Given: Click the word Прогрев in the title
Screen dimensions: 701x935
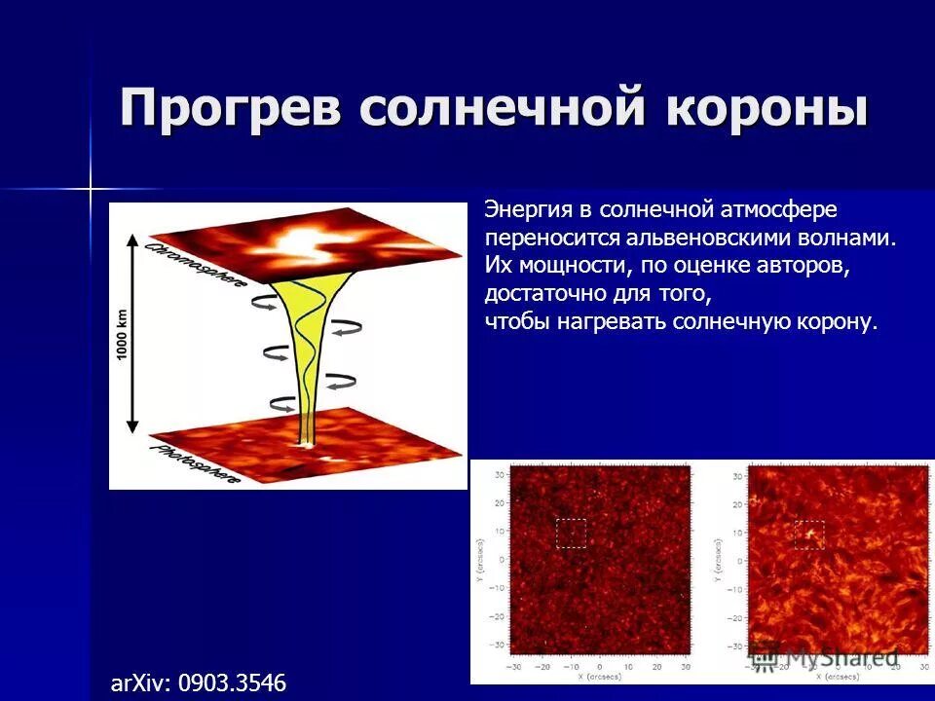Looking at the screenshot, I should click(x=231, y=107).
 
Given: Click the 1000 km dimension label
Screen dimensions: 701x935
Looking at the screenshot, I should click(x=123, y=335).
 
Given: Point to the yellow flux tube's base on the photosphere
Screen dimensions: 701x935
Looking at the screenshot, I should click(x=308, y=440).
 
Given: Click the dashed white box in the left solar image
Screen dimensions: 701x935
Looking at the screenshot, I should click(x=571, y=533).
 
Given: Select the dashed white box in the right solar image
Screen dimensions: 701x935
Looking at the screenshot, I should click(x=808, y=535).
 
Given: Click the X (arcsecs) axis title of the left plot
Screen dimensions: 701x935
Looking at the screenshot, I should click(x=601, y=676).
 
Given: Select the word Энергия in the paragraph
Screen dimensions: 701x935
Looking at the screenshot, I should click(x=525, y=209).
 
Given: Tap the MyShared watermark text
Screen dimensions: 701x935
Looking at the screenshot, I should click(x=838, y=657).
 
